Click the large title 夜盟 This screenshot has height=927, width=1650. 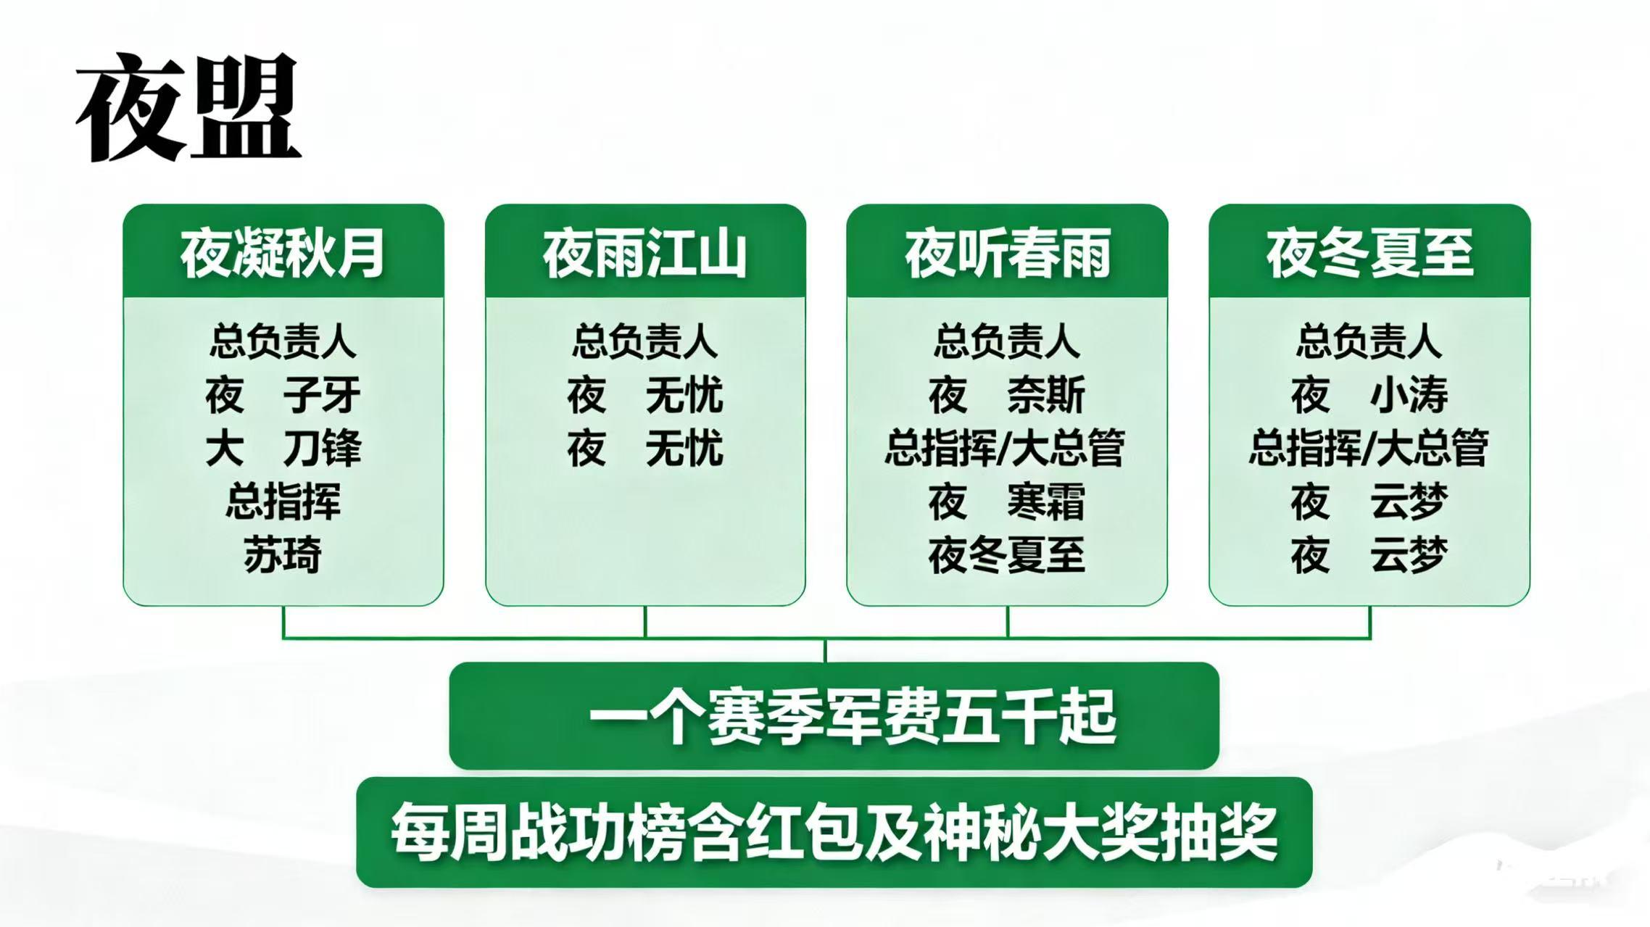coord(188,107)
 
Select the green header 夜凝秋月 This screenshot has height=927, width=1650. coord(283,253)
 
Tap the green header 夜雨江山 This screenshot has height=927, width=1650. coord(645,253)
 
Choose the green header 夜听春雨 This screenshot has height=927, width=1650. coord(1008,253)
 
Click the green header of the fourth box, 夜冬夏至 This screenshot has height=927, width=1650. coord(1370,253)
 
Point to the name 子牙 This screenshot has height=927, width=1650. coord(322,395)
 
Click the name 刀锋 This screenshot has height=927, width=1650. coord(322,448)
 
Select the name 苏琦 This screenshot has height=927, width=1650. coord(283,555)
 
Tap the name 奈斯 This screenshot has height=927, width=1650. coord(1046,395)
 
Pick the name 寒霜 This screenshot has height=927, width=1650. coord(1046,502)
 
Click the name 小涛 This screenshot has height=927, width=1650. coord(1409,395)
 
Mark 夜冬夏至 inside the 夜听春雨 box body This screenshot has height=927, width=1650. coord(1007,555)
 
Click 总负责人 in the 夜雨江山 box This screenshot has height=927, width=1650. coord(645,341)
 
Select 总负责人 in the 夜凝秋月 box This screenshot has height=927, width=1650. coord(283,341)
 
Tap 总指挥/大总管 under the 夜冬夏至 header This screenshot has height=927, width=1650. coord(1369,448)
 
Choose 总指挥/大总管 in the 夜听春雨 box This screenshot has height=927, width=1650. coord(1006,448)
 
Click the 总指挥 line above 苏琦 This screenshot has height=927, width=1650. coord(283,502)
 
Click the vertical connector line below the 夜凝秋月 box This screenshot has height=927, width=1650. coord(283,623)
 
